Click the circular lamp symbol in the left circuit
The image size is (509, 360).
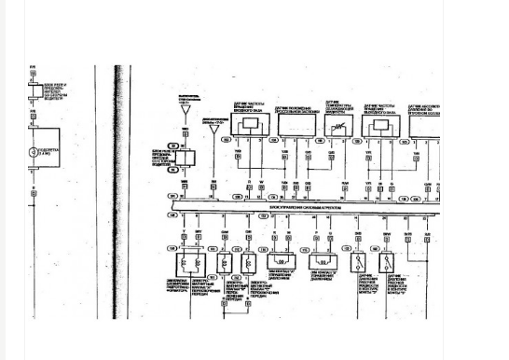tap(34, 151)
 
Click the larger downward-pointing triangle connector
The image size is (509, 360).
tap(185, 111)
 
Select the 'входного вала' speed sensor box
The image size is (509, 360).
tap(250, 125)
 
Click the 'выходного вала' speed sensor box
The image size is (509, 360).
tap(378, 126)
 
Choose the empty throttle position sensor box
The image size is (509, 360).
tap(296, 125)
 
